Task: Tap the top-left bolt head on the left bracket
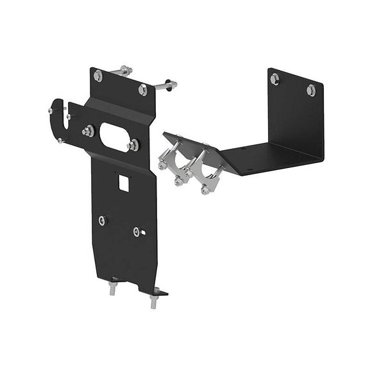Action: (x=97, y=76)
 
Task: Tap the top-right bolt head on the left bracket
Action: (x=142, y=90)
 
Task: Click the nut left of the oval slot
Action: (x=87, y=131)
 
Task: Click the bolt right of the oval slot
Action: (x=133, y=146)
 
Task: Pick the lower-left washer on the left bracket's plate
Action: (x=103, y=221)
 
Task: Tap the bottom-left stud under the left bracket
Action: (x=113, y=288)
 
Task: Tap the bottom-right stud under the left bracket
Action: (x=154, y=300)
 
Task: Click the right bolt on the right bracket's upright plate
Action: (x=311, y=89)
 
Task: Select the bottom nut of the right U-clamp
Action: (x=205, y=189)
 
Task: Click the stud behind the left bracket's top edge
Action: (x=124, y=69)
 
